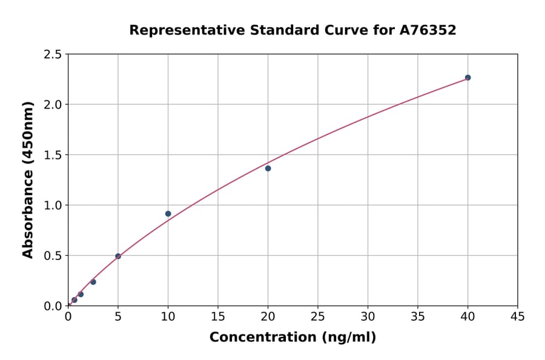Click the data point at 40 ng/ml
point(467,78)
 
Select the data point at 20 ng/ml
point(268,168)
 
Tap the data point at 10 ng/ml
point(168,214)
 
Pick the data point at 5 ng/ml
point(118,256)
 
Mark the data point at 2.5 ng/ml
point(93,282)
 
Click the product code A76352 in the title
point(428,30)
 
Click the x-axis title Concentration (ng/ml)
point(292,338)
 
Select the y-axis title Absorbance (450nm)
point(28,179)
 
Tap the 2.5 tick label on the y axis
point(53,55)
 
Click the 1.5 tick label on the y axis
point(53,155)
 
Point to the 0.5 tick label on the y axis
point(53,256)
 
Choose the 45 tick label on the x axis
point(518,316)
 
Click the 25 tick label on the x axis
point(318,316)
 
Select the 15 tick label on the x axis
point(218,316)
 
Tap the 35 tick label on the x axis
point(418,316)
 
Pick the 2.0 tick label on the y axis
point(53,105)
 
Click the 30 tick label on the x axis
point(368,316)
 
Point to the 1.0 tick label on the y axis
point(53,205)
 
